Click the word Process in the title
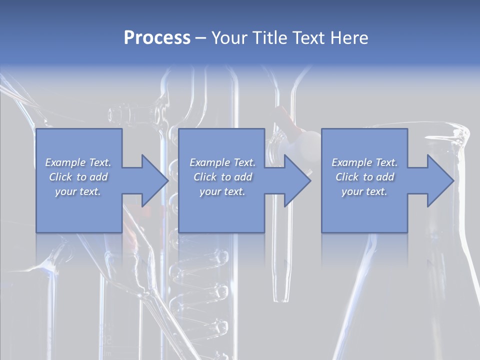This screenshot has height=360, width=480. (x=157, y=38)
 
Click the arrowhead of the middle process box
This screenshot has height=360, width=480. (x=297, y=180)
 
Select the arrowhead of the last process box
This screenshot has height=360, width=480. (x=440, y=180)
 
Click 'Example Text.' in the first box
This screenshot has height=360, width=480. (x=78, y=162)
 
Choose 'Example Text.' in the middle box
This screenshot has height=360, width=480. (x=222, y=162)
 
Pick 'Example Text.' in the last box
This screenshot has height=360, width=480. (x=364, y=162)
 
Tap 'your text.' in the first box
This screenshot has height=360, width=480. (x=78, y=191)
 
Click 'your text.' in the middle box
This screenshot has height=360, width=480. (x=222, y=191)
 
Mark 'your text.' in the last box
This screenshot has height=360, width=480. (x=364, y=191)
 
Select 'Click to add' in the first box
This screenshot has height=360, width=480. (x=78, y=177)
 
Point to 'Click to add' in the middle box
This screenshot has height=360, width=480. (x=222, y=177)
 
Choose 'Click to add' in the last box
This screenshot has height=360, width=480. (x=364, y=177)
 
